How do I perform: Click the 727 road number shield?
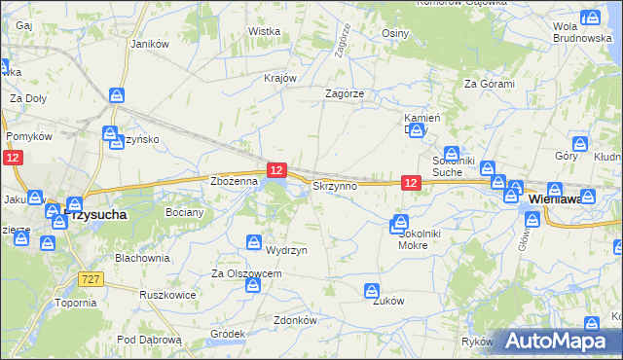[x=88, y=277]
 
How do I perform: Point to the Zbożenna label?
[x=234, y=181]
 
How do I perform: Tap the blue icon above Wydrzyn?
[x=253, y=241]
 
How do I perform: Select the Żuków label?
[x=387, y=301]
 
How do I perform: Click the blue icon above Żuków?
[x=371, y=290]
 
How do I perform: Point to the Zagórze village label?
[x=344, y=93]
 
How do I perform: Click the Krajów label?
[x=279, y=78]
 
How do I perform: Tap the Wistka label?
[x=264, y=31]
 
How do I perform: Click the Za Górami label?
[x=489, y=84]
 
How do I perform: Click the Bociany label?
[x=184, y=211]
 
